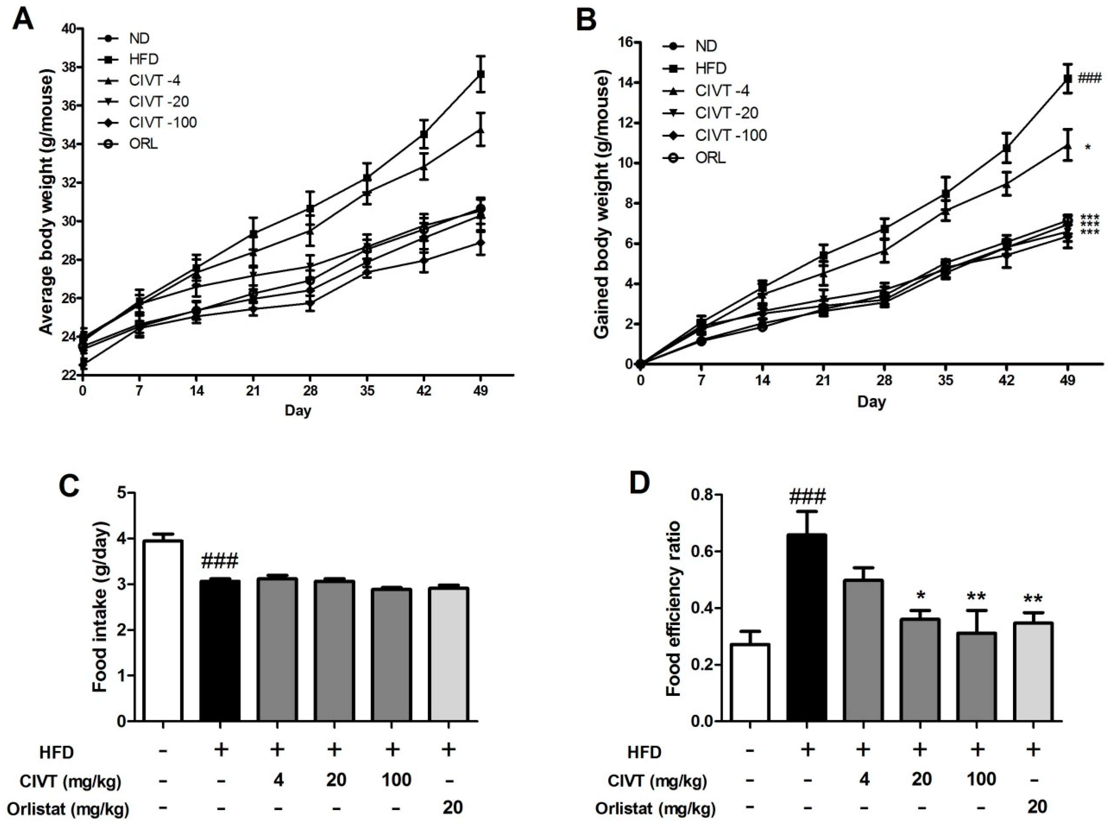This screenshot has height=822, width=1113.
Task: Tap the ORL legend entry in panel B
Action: (x=711, y=158)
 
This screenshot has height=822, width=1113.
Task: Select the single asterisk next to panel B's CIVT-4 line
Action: (x=1088, y=147)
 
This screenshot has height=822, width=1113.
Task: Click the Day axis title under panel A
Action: (x=298, y=410)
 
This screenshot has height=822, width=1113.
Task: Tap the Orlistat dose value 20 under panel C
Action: (x=452, y=807)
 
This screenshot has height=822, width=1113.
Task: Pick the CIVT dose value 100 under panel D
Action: (x=978, y=779)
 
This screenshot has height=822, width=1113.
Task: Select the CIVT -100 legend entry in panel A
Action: (x=163, y=122)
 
